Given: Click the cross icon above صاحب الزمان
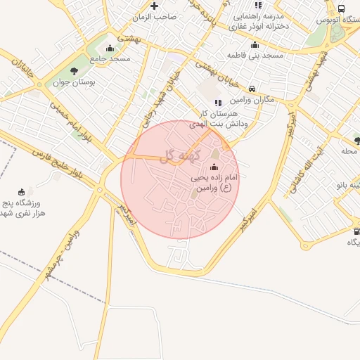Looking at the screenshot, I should point(154,6).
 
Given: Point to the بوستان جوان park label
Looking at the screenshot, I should point(75,82).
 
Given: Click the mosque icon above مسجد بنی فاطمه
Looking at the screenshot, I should point(255,45).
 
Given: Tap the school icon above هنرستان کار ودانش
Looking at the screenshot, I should point(217,103).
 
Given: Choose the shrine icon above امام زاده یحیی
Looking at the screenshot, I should point(214,167).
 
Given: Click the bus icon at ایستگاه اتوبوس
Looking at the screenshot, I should point(341,8).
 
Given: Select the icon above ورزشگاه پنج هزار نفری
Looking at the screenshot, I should point(21,191).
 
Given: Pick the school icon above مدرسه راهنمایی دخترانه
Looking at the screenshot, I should point(258,5).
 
